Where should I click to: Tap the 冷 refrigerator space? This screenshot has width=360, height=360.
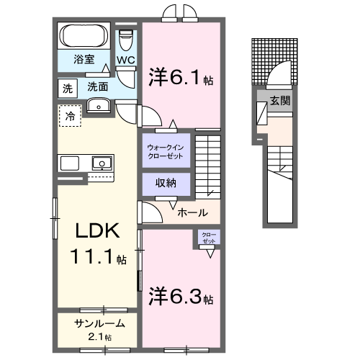click(x=70, y=115)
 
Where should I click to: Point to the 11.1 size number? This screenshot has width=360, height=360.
click(x=90, y=256)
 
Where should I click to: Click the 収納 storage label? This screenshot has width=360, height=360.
click(x=166, y=183)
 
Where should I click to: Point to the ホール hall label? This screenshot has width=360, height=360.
click(x=192, y=212)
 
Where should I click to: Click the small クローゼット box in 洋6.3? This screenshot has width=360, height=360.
click(x=207, y=238)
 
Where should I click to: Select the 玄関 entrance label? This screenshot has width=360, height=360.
click(x=281, y=101)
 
